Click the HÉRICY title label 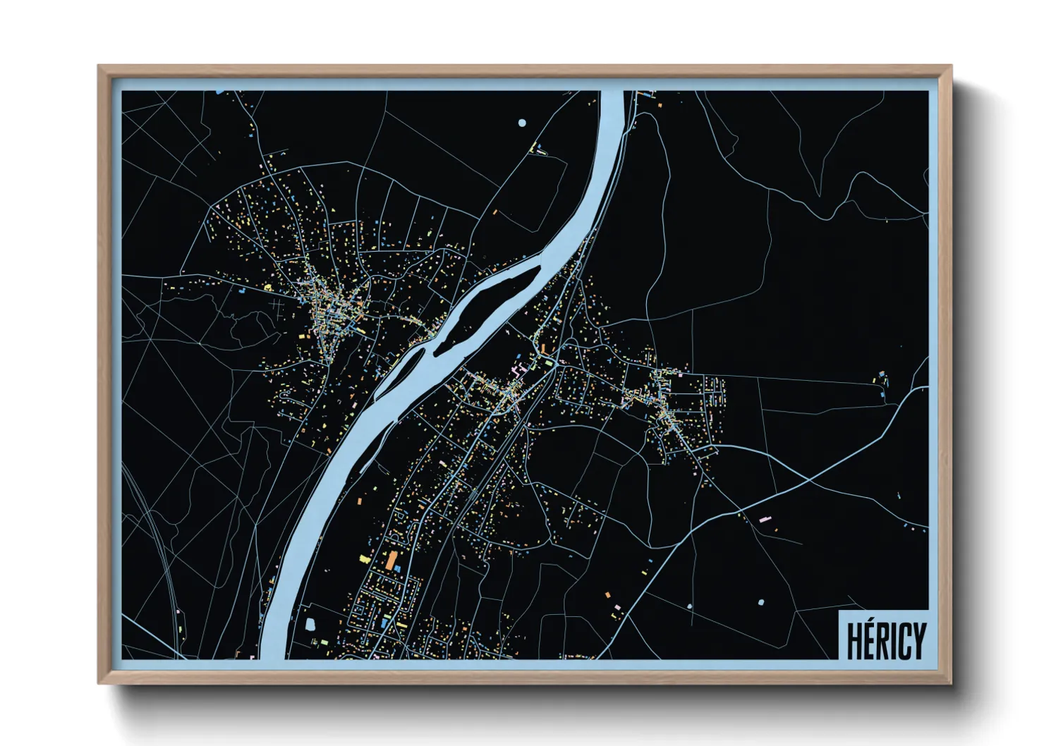(x=885, y=639)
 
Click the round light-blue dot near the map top (x=522, y=123)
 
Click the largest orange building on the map (x=391, y=561)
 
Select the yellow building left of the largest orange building (x=365, y=558)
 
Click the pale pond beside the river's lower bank (x=310, y=624)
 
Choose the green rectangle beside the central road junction (x=549, y=362)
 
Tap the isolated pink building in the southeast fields (x=765, y=520)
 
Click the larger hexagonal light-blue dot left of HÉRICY (x=760, y=602)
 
